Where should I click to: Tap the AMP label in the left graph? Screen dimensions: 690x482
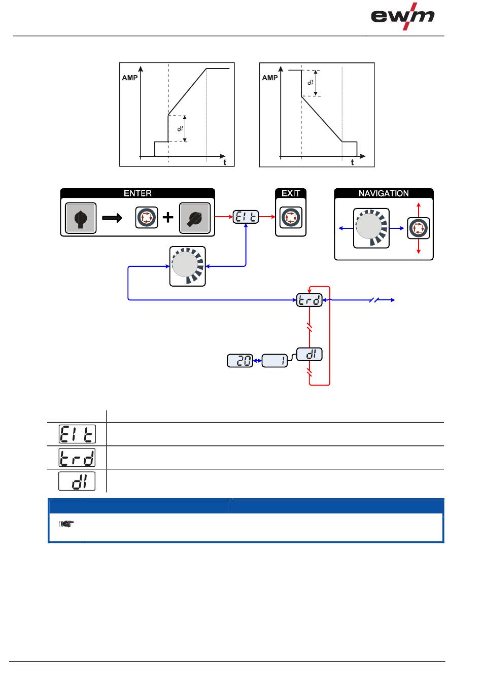tap(130, 78)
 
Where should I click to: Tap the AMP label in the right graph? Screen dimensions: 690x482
tap(270, 78)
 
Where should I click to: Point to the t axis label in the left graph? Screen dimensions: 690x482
tap(225, 162)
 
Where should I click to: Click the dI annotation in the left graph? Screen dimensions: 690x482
tap(180, 128)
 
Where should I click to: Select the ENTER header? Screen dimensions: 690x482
tap(137, 193)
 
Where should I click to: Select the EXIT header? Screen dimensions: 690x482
tap(291, 193)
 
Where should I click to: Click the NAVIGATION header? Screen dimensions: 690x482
tap(384, 193)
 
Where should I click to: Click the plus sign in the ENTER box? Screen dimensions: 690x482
tap(167, 218)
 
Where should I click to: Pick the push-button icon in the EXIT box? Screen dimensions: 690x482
tap(291, 218)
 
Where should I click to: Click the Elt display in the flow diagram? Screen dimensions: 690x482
tap(246, 217)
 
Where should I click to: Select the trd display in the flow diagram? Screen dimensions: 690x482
tap(309, 300)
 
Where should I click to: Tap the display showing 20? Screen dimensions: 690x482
tap(240, 361)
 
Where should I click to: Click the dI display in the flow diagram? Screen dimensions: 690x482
tap(309, 355)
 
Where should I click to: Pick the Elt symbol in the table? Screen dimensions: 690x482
tap(77, 434)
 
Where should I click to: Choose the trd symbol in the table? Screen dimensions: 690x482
tap(77, 458)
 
